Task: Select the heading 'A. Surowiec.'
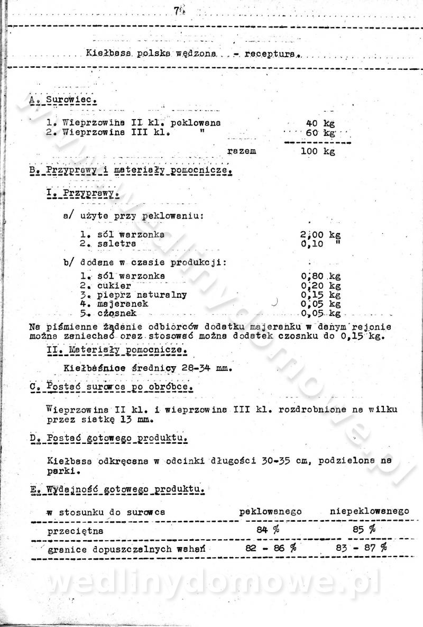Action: (x=63, y=99)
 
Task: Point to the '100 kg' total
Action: (x=318, y=151)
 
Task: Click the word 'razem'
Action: (x=242, y=151)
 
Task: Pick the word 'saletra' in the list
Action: (x=116, y=243)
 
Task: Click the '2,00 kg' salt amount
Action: (x=319, y=234)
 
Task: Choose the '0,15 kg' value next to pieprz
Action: (x=320, y=295)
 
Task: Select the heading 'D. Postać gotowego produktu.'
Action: (x=108, y=439)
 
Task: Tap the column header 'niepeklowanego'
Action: (x=369, y=512)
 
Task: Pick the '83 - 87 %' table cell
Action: (x=361, y=548)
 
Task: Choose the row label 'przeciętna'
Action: (x=76, y=530)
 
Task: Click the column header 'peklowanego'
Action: (x=270, y=512)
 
